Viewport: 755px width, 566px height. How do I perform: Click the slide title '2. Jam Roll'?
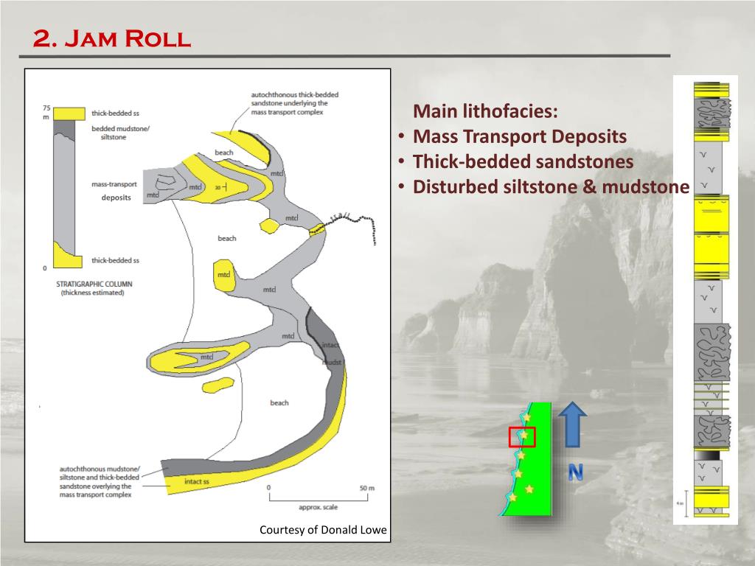coord(112,38)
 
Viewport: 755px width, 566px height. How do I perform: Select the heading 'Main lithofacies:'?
coord(486,113)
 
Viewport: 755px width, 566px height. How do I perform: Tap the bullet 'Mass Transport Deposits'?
coord(519,137)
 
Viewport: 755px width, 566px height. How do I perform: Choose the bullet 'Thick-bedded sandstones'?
coord(523,162)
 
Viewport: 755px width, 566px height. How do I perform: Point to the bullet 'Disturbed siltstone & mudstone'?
coord(550,187)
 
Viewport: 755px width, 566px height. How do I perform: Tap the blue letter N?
coord(575,473)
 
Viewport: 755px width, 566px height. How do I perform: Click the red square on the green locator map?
coord(522,436)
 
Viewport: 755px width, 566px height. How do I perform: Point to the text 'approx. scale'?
coord(318,508)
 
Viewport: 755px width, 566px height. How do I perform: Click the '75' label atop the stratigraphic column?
coord(47,108)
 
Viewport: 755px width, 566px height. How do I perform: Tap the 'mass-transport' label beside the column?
coord(115,184)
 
